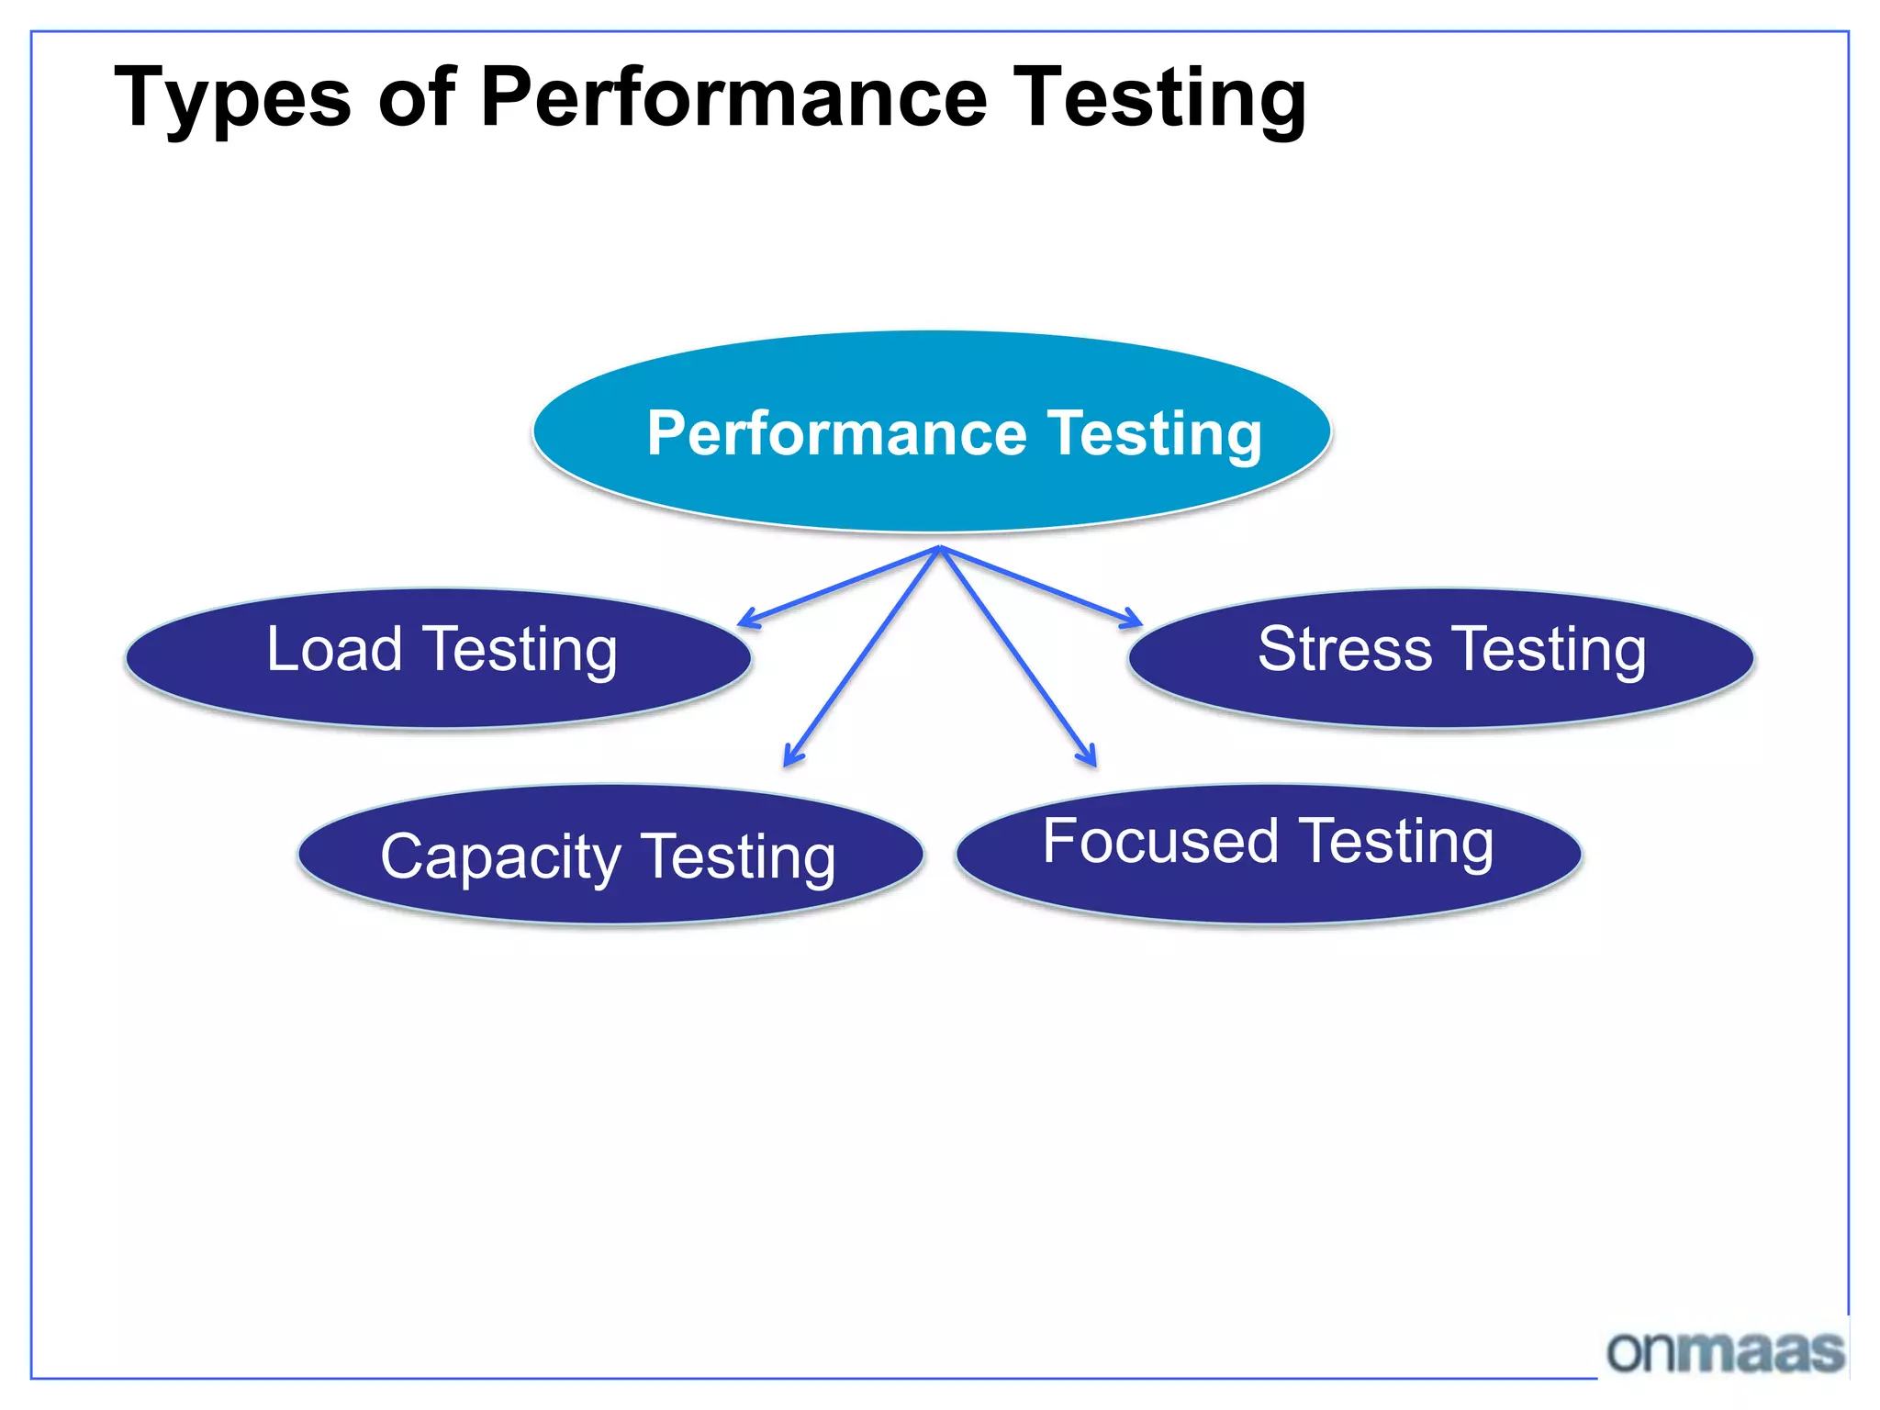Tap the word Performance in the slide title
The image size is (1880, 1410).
tap(733, 96)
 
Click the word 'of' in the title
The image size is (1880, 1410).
tap(417, 96)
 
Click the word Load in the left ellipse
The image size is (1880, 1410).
tap(334, 649)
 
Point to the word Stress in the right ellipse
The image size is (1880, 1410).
tap(1344, 649)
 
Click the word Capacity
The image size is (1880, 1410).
tap(500, 857)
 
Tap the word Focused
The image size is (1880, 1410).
tap(1160, 841)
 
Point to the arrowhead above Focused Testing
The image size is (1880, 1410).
tap(1091, 759)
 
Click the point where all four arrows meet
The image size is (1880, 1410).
tap(940, 548)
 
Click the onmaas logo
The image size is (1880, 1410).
tap(1725, 1352)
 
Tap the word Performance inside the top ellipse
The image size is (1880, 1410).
tap(836, 433)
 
